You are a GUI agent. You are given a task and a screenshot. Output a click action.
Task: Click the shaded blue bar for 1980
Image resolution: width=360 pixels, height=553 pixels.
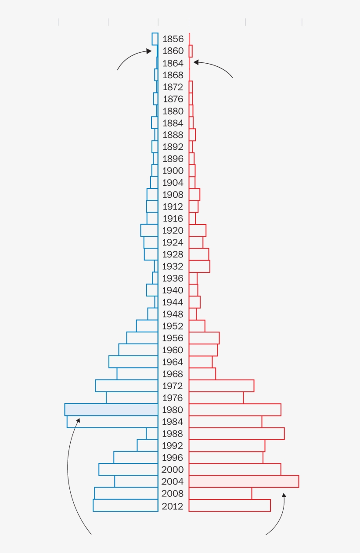[111, 409]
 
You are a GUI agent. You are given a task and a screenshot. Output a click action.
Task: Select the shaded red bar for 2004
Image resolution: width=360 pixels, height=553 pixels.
[244, 481]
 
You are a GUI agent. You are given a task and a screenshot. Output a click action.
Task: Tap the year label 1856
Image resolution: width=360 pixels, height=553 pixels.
[173, 39]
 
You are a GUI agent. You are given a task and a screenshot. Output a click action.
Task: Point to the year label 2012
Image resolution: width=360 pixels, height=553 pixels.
[173, 506]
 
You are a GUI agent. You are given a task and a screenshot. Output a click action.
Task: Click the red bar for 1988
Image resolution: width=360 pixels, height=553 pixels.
[237, 434]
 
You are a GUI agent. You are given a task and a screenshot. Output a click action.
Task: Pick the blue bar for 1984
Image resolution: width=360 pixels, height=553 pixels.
[112, 422]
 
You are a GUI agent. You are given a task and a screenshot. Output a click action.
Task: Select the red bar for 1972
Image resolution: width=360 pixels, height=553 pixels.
[221, 386]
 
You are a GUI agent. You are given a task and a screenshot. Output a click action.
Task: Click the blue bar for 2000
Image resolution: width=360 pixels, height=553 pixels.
[128, 470]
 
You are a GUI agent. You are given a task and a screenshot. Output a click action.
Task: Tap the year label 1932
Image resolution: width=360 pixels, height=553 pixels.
[173, 266]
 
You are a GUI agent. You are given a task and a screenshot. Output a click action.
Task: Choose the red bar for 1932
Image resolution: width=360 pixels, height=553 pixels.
[199, 266]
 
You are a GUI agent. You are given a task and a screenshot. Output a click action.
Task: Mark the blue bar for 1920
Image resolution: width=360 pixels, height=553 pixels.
[149, 230]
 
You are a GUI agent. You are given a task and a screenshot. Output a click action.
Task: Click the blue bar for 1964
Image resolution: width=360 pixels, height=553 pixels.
[133, 362]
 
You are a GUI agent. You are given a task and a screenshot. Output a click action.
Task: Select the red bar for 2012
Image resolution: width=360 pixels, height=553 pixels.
[230, 505]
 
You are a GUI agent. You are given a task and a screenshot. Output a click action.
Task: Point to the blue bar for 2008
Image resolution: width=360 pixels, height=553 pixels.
[126, 493]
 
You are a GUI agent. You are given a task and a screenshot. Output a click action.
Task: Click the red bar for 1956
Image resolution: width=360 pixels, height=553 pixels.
[204, 338]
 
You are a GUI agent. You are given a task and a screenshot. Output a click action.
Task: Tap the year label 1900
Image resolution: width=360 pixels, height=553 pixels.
[173, 170]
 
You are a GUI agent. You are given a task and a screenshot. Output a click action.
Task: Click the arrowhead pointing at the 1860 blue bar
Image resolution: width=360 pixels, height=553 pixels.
[149, 51]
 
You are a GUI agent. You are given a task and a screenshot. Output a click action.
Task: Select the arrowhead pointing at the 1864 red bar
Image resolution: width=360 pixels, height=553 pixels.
[196, 62]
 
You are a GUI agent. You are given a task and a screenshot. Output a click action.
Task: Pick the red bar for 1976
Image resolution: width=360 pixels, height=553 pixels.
[216, 398]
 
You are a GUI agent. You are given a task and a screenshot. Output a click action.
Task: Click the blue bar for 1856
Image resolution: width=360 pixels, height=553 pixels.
[155, 39]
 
